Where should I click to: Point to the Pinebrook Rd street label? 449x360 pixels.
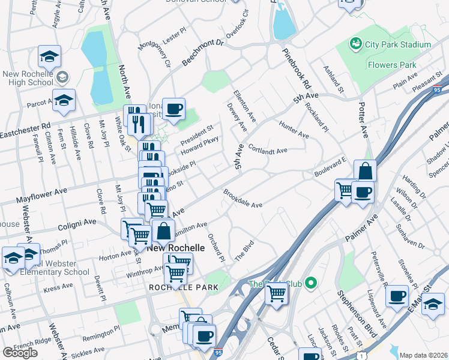297,65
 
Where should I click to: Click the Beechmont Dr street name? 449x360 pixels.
203,52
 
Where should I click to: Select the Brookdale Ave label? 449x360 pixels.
243,200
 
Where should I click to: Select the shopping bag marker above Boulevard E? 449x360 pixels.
365,170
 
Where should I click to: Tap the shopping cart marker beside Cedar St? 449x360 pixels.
276,294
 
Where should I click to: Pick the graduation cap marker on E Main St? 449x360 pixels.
433,304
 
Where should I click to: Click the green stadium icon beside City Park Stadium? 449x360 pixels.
356,44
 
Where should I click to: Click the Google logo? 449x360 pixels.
20,352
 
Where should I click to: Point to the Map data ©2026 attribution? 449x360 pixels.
423,355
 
